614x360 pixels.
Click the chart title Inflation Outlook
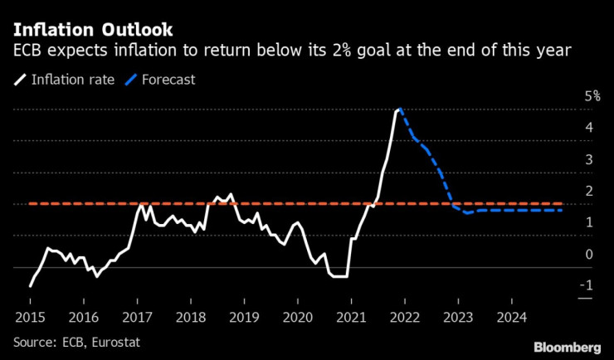pos(93,30)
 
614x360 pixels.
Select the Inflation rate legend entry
pos(65,80)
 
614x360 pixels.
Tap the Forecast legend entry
pos(160,80)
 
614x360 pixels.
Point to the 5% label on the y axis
pos(592,96)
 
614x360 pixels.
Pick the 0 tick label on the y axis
pos(588,254)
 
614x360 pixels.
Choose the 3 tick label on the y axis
pos(588,159)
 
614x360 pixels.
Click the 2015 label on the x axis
pos(30,318)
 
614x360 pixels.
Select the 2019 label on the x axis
pos(244,318)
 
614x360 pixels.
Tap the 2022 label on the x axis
pos(405,318)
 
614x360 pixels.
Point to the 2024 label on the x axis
pos(512,318)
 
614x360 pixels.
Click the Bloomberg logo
pos(567,347)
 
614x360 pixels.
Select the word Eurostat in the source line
pos(116,342)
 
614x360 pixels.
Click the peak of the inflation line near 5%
pos(399,109)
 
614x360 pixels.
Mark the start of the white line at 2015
pos(30,286)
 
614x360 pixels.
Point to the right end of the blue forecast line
pos(562,211)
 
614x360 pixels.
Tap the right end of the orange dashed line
pos(562,203)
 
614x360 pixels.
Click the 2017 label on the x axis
pos(137,318)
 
